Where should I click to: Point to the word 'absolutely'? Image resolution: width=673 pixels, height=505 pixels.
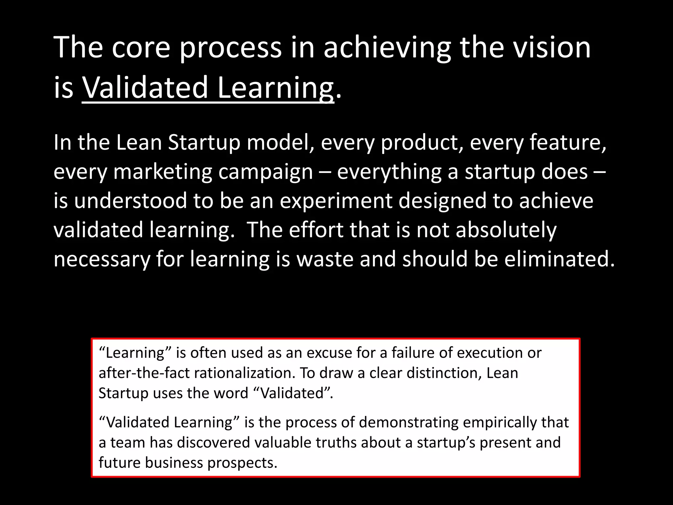pos(506,230)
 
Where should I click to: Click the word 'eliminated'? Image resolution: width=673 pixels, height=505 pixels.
pos(559,259)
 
